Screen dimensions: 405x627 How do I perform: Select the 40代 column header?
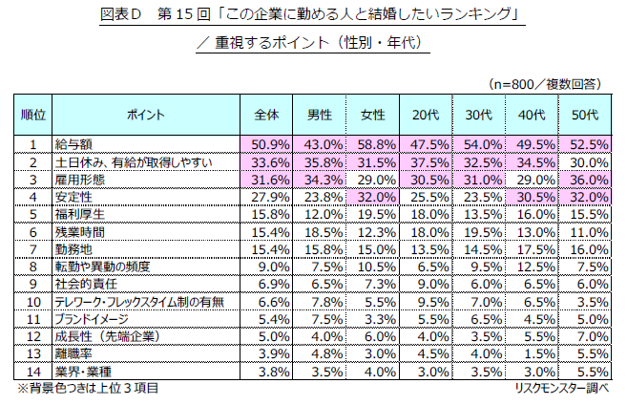[532, 115]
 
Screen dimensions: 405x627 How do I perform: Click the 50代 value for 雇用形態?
[584, 180]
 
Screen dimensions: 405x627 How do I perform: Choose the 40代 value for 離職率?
[532, 352]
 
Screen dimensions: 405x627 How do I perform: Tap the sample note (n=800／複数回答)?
[545, 84]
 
